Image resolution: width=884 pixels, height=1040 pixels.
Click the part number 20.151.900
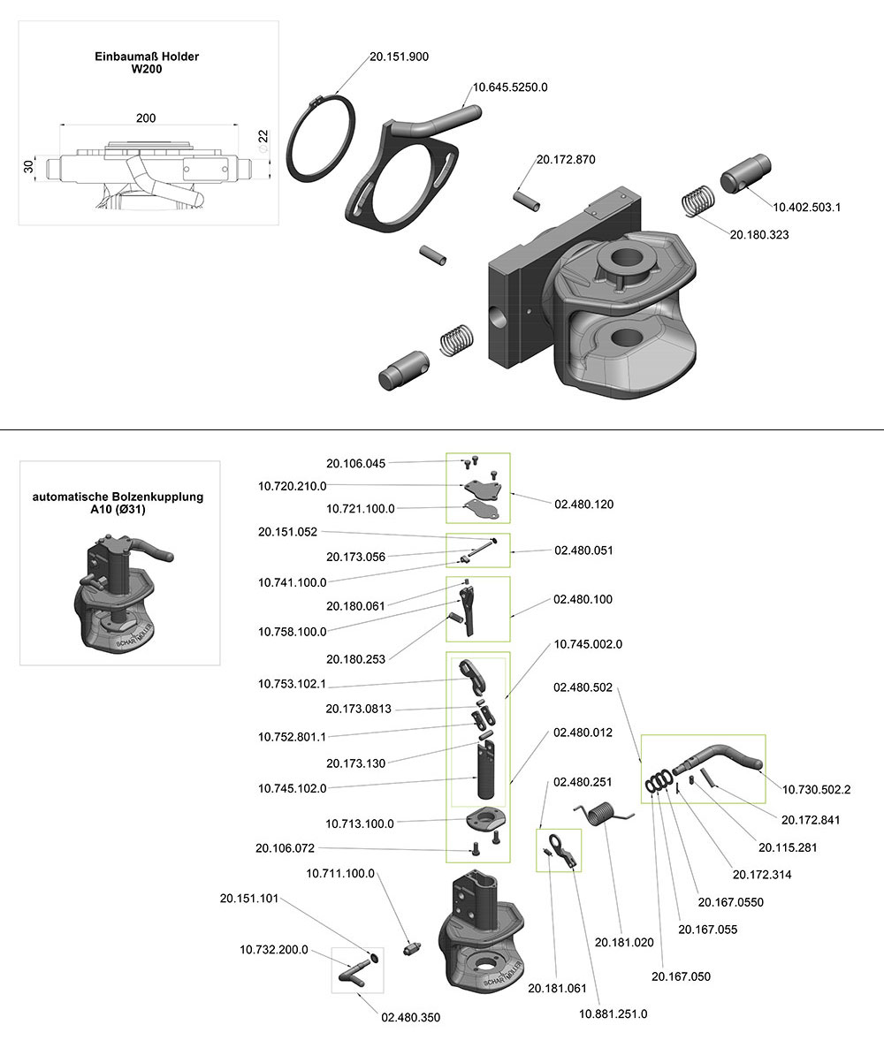399,57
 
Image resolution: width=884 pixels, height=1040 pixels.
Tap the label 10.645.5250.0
511,87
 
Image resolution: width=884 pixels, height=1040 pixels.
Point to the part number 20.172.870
566,160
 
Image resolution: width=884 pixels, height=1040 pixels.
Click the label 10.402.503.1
806,207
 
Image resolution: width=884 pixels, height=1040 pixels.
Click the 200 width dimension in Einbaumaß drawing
147,118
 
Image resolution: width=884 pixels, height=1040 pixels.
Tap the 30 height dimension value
28,166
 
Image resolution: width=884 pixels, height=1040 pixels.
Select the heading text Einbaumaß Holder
147,57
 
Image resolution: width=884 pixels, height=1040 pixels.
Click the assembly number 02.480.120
583,505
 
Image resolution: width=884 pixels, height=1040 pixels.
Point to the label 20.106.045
356,463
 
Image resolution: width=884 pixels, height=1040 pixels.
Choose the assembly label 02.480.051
583,550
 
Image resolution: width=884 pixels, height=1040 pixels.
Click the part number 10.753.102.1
292,684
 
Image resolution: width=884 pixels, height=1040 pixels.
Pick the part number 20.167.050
681,976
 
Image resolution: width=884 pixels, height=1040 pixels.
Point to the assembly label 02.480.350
410,1018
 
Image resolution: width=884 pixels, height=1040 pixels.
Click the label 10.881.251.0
613,1013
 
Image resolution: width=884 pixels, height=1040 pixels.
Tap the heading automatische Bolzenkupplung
118,497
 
